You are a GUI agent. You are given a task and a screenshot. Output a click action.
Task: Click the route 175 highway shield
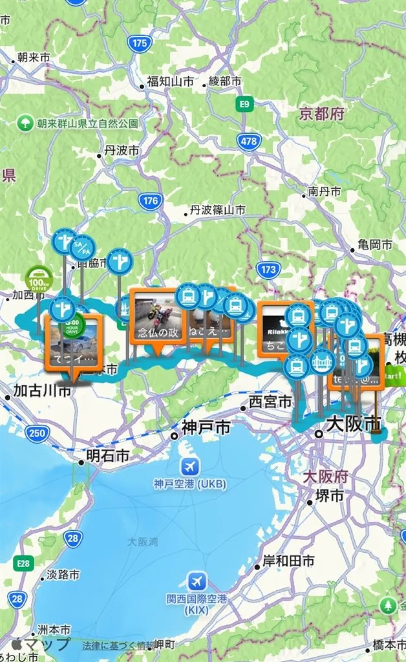coord(139,43)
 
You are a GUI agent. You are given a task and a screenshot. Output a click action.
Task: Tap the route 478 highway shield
coord(249,141)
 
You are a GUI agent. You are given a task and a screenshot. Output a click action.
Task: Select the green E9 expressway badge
coord(245,104)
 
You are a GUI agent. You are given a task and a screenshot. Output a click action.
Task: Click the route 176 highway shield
coord(150,201)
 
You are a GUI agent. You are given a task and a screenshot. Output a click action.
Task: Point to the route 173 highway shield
coord(268,270)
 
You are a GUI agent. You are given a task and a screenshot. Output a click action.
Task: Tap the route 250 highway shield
coord(37,433)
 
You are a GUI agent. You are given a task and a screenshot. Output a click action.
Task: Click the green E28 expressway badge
coord(23,563)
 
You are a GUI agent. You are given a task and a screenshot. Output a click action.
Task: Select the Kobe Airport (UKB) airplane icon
coord(190,467)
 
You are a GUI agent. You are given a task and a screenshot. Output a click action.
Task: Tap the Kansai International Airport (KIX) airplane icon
coord(197,581)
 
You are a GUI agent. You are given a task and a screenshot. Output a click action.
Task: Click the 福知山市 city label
coord(170,82)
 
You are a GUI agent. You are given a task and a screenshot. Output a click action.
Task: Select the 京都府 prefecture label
coord(322,114)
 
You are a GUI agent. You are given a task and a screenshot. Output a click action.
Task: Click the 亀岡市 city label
coord(375,245)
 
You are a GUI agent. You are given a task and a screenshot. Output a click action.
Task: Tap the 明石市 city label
coord(107,456)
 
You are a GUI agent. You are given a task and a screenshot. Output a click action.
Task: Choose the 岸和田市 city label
coord(288,561)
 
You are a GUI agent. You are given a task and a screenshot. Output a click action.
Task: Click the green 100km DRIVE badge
coord(39,278)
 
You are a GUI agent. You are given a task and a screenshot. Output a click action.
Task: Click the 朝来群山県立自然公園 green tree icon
coord(26,123)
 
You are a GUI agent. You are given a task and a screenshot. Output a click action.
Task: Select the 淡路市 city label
coord(62,575)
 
